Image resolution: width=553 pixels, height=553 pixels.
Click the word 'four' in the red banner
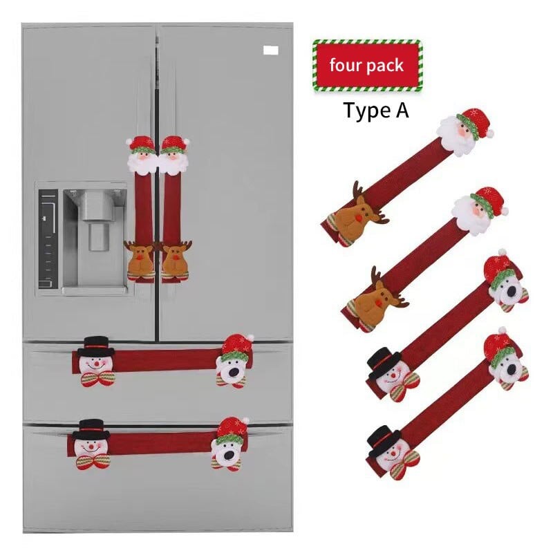pos(346,65)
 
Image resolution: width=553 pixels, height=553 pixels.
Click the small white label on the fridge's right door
pos(270,50)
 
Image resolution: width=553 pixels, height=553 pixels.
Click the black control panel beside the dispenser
pos(48,238)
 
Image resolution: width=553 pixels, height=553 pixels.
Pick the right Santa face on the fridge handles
pos(174,156)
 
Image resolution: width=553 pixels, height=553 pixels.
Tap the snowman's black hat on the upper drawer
pos(96,346)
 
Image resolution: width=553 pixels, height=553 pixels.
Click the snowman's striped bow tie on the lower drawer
pos(93,461)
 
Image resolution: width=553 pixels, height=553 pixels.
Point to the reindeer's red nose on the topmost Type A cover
pos(359,218)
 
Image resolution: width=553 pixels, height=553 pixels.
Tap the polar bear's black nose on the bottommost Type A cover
pos(511,369)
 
